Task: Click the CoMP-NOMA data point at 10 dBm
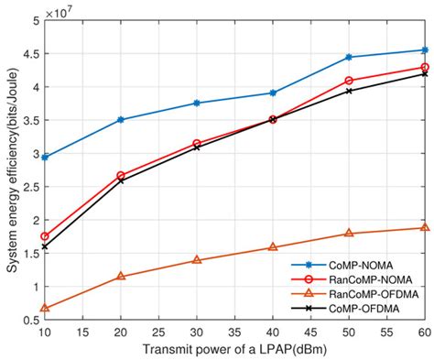point(45,158)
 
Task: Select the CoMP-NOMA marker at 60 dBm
point(424,49)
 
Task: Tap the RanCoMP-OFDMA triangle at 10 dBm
point(45,308)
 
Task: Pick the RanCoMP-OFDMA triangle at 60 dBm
point(424,227)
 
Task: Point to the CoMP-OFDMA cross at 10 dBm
point(45,246)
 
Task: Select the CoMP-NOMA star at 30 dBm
point(197,103)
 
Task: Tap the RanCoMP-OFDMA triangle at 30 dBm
point(197,260)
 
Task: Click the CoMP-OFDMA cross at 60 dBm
point(424,73)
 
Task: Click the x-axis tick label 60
point(423,331)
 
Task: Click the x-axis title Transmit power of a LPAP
point(233,349)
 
